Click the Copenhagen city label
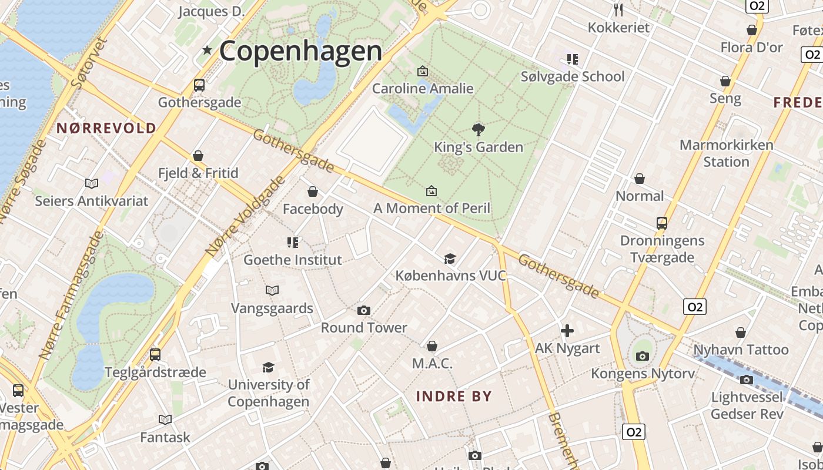point(300,51)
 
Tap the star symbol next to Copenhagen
point(207,51)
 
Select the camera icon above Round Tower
point(364,310)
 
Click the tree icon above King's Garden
point(479,129)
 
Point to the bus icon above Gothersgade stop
point(199,85)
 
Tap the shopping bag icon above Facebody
point(313,192)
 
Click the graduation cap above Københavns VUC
point(450,258)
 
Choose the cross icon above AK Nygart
point(567,331)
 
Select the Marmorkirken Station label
point(726,153)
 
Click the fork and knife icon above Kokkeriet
point(618,9)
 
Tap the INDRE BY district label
point(453,396)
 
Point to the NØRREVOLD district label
point(106,128)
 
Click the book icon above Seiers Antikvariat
point(92,183)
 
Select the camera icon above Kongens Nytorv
point(643,356)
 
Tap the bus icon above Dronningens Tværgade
point(662,223)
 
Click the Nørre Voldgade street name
point(245,217)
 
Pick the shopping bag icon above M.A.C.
point(432,346)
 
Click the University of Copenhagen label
point(269,393)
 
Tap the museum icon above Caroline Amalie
point(422,71)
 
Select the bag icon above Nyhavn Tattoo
point(741,333)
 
